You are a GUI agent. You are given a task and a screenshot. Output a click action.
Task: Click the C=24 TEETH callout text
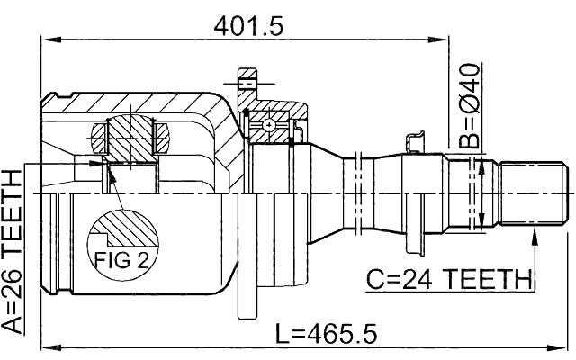pyautogui.click(x=448, y=280)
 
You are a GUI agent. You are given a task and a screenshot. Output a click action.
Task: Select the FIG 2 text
pyautogui.click(x=119, y=261)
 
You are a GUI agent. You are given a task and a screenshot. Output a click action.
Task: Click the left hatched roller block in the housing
pyautogui.click(x=98, y=137)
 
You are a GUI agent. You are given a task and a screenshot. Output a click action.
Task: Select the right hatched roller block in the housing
pyautogui.click(x=162, y=137)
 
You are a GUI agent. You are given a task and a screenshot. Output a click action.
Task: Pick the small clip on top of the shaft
pyautogui.click(x=416, y=140)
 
